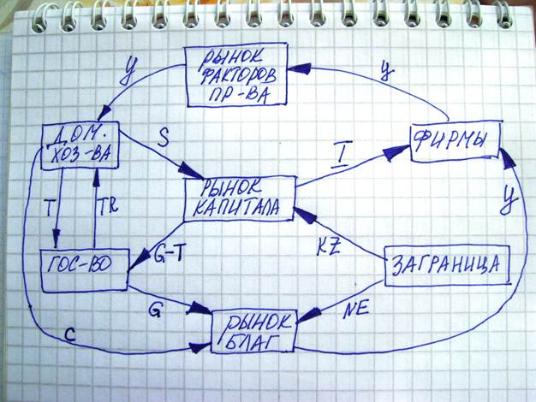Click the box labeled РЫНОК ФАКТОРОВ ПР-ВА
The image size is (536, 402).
click(237, 74)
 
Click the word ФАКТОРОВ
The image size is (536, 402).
click(236, 74)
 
